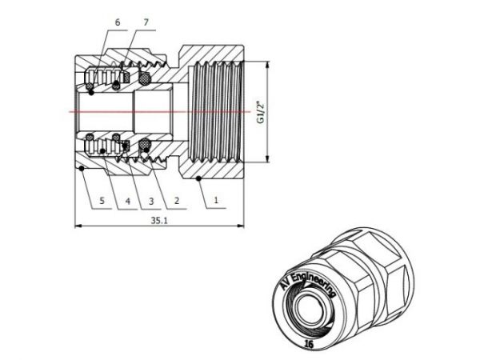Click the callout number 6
pyautogui.click(x=117, y=23)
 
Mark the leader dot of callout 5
pyautogui.click(x=83, y=168)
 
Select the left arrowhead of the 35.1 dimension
pyautogui.click(x=78, y=227)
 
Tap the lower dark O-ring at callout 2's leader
pyautogui.click(x=145, y=144)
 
